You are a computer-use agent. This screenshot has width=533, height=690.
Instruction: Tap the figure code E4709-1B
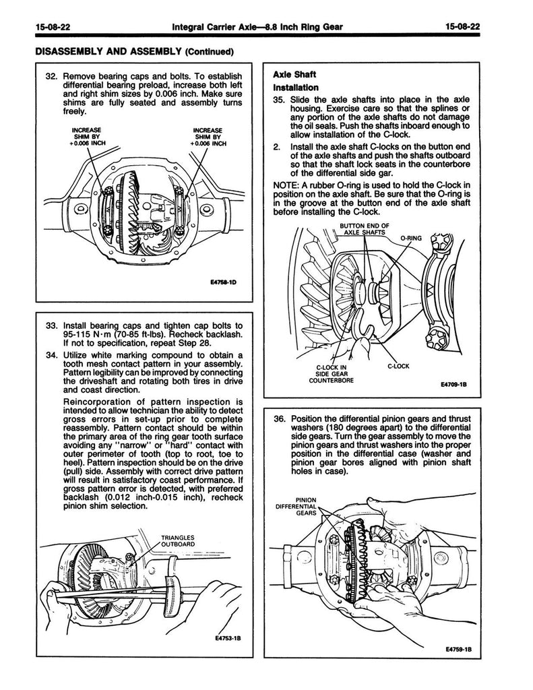coord(452,386)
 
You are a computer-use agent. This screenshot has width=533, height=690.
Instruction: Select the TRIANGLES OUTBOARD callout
coord(178,540)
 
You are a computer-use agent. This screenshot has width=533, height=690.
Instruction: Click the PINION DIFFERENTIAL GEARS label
coord(296,505)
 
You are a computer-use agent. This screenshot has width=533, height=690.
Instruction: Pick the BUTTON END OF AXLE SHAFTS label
coord(362,230)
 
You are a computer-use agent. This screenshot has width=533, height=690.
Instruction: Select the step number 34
coord(49,355)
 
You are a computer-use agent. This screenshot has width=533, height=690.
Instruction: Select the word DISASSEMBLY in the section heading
coord(63,51)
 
